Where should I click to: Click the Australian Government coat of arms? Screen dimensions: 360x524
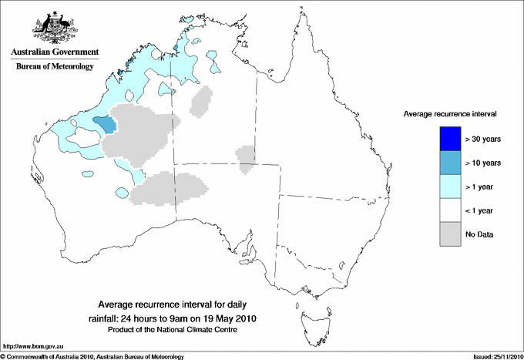pos(54,25)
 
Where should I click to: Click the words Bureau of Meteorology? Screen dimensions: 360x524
pos(54,66)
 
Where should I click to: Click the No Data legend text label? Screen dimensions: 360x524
pos(480,234)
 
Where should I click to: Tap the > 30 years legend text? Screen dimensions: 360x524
pos(484,140)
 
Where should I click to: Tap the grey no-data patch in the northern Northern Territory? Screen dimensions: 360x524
pos(203,100)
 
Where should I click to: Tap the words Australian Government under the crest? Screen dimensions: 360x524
pos(54,52)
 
